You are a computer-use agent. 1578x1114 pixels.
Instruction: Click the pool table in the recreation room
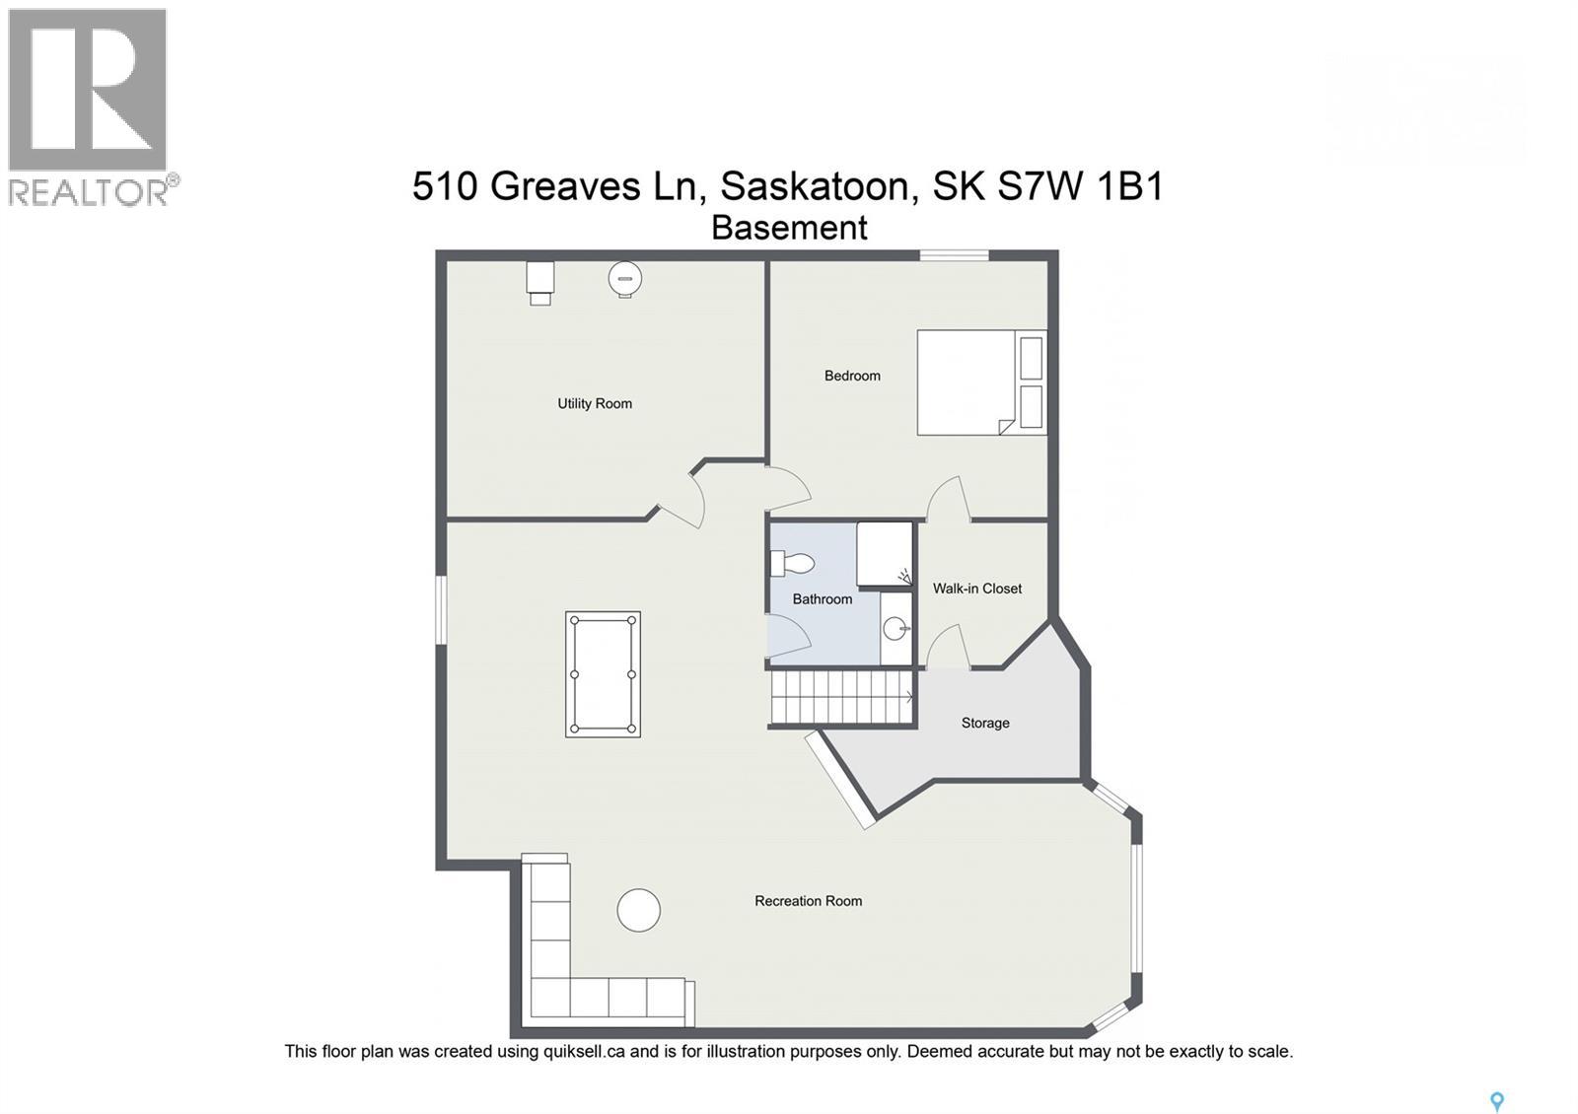pyautogui.click(x=603, y=674)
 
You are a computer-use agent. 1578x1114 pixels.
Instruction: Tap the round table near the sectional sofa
pyautogui.click(x=638, y=910)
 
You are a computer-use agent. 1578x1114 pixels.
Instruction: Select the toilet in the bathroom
pyautogui.click(x=794, y=564)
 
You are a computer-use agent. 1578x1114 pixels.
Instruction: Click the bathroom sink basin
pyautogui.click(x=896, y=628)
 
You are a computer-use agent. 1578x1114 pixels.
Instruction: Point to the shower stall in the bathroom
pyautogui.click(x=884, y=554)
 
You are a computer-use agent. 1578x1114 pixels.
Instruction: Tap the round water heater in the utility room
pyautogui.click(x=624, y=278)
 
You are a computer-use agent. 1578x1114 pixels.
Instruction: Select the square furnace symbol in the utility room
pyautogui.click(x=539, y=280)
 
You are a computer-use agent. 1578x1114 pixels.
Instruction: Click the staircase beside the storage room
pyautogui.click(x=840, y=697)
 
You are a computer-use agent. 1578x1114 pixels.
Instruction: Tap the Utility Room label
pyautogui.click(x=595, y=403)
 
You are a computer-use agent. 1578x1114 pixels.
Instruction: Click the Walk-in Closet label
pyautogui.click(x=977, y=589)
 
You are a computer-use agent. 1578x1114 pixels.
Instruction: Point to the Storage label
pyautogui.click(x=985, y=723)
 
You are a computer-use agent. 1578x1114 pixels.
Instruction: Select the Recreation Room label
pyautogui.click(x=808, y=900)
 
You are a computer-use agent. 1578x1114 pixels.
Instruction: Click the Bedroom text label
pyautogui.click(x=852, y=376)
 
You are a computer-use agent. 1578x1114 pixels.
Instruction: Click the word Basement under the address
pyautogui.click(x=789, y=228)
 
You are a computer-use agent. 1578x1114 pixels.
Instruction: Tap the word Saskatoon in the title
pyautogui.click(x=815, y=186)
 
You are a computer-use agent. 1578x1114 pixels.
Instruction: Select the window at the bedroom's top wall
pyautogui.click(x=954, y=256)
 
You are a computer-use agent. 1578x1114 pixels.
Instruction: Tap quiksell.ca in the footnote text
pyautogui.click(x=584, y=1052)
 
